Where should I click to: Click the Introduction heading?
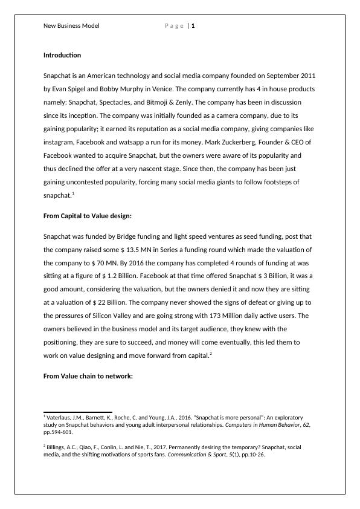pyautogui.click(x=62, y=56)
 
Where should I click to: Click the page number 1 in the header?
pyautogui.click(x=193, y=26)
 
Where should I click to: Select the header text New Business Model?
pyautogui.click(x=71, y=26)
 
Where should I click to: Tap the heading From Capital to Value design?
pyautogui.click(x=88, y=216)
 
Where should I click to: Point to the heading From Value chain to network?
pyautogui.click(x=88, y=377)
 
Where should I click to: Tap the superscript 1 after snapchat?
pyautogui.click(x=73, y=193)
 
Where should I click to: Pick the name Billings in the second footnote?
pyautogui.click(x=59, y=447)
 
